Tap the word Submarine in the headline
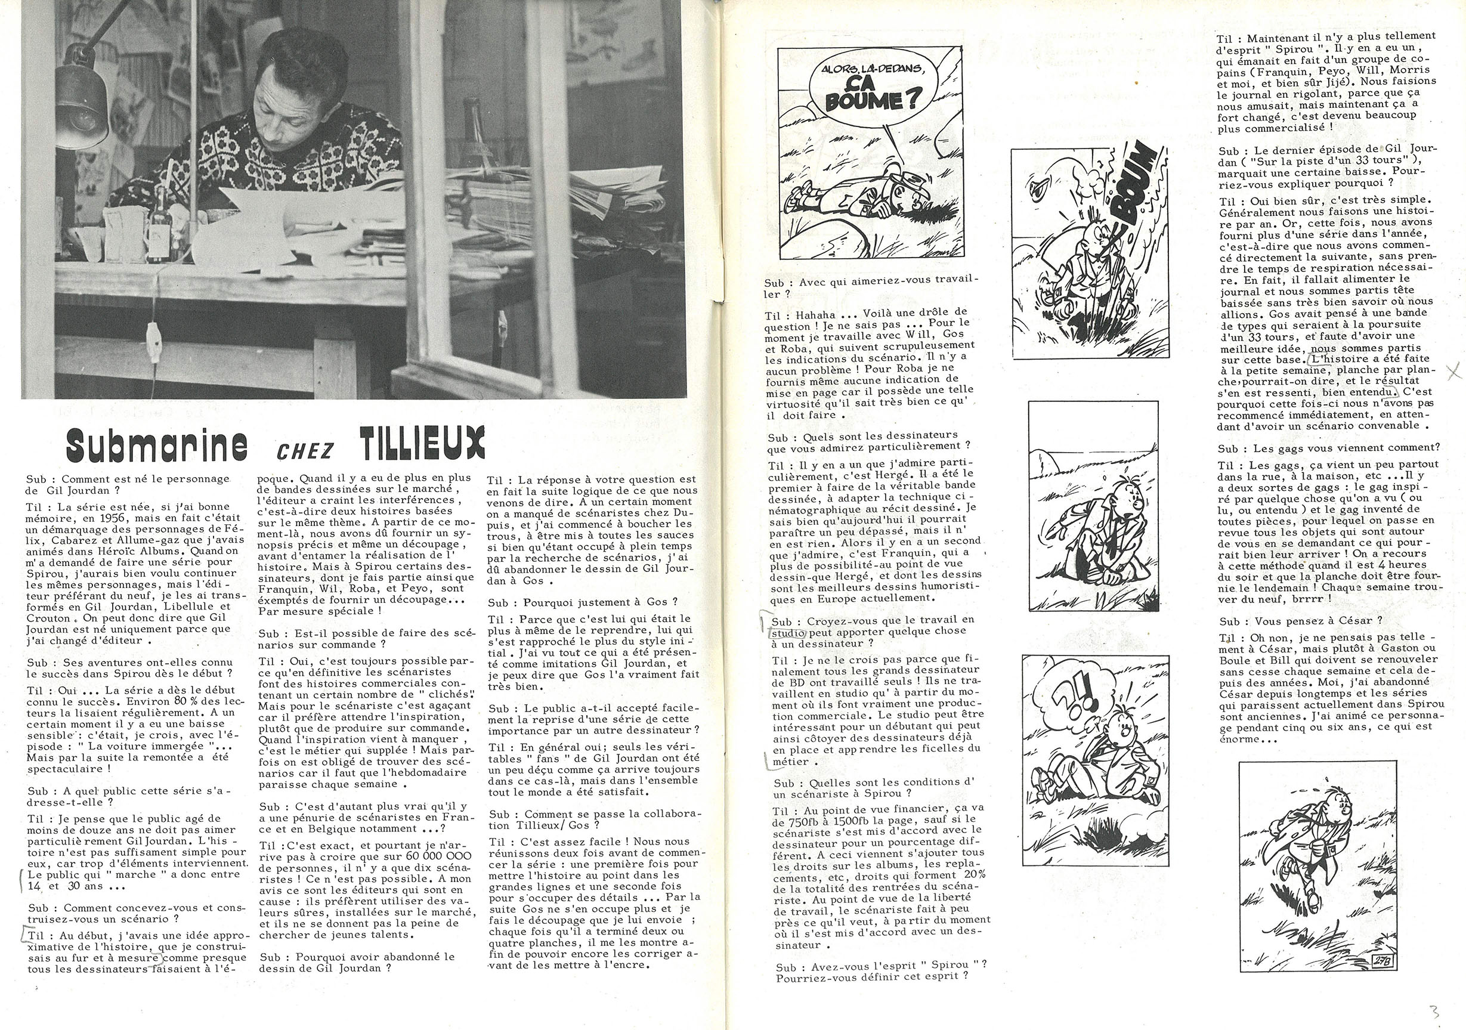point(156,444)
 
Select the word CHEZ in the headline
point(305,451)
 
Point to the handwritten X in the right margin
point(1455,371)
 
